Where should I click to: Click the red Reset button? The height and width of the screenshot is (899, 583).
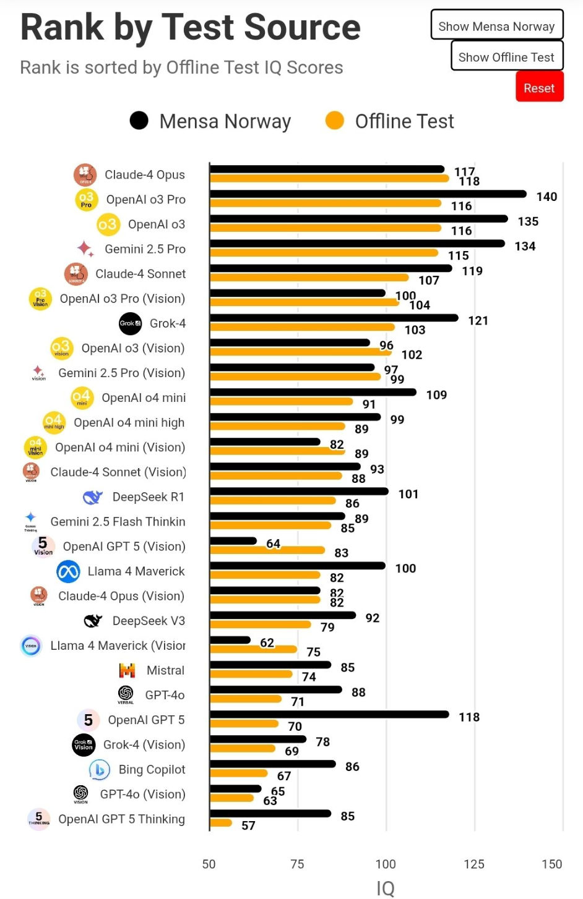[539, 87]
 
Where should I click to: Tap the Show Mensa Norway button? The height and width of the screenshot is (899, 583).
[496, 26]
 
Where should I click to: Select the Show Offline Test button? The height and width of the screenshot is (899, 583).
[506, 57]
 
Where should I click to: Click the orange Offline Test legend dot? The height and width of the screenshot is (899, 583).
[335, 121]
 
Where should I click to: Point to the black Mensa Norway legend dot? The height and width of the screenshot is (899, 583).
[139, 121]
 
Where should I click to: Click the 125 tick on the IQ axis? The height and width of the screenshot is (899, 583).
[474, 864]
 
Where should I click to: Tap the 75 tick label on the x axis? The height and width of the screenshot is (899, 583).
[297, 864]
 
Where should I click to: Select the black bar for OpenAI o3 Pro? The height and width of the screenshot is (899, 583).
[368, 194]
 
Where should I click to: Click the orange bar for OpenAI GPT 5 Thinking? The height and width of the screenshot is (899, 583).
[221, 823]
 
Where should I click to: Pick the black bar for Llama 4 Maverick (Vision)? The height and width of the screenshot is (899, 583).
[230, 640]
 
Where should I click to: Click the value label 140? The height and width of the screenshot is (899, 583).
[546, 197]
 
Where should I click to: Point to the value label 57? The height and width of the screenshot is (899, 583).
[248, 825]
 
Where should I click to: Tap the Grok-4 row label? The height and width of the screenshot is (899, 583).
[167, 323]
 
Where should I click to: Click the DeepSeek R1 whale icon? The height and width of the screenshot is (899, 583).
[93, 497]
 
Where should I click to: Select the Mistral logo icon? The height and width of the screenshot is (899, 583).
[127, 670]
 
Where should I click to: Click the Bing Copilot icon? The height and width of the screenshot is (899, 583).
[99, 770]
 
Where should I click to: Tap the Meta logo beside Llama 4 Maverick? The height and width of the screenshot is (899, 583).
[68, 571]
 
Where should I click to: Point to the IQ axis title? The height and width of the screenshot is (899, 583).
[386, 888]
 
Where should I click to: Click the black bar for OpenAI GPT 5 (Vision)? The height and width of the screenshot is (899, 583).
[233, 541]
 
